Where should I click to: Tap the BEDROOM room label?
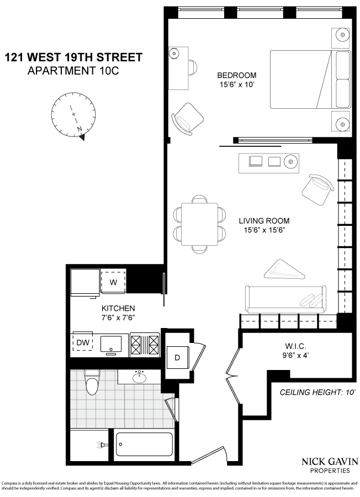(x=237, y=76)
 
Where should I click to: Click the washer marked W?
(x=114, y=282)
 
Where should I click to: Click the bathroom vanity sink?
(x=139, y=377)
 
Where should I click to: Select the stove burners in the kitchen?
(x=144, y=344)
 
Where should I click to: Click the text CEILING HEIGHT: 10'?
(x=316, y=393)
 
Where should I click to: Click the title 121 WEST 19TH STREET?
(x=73, y=57)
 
